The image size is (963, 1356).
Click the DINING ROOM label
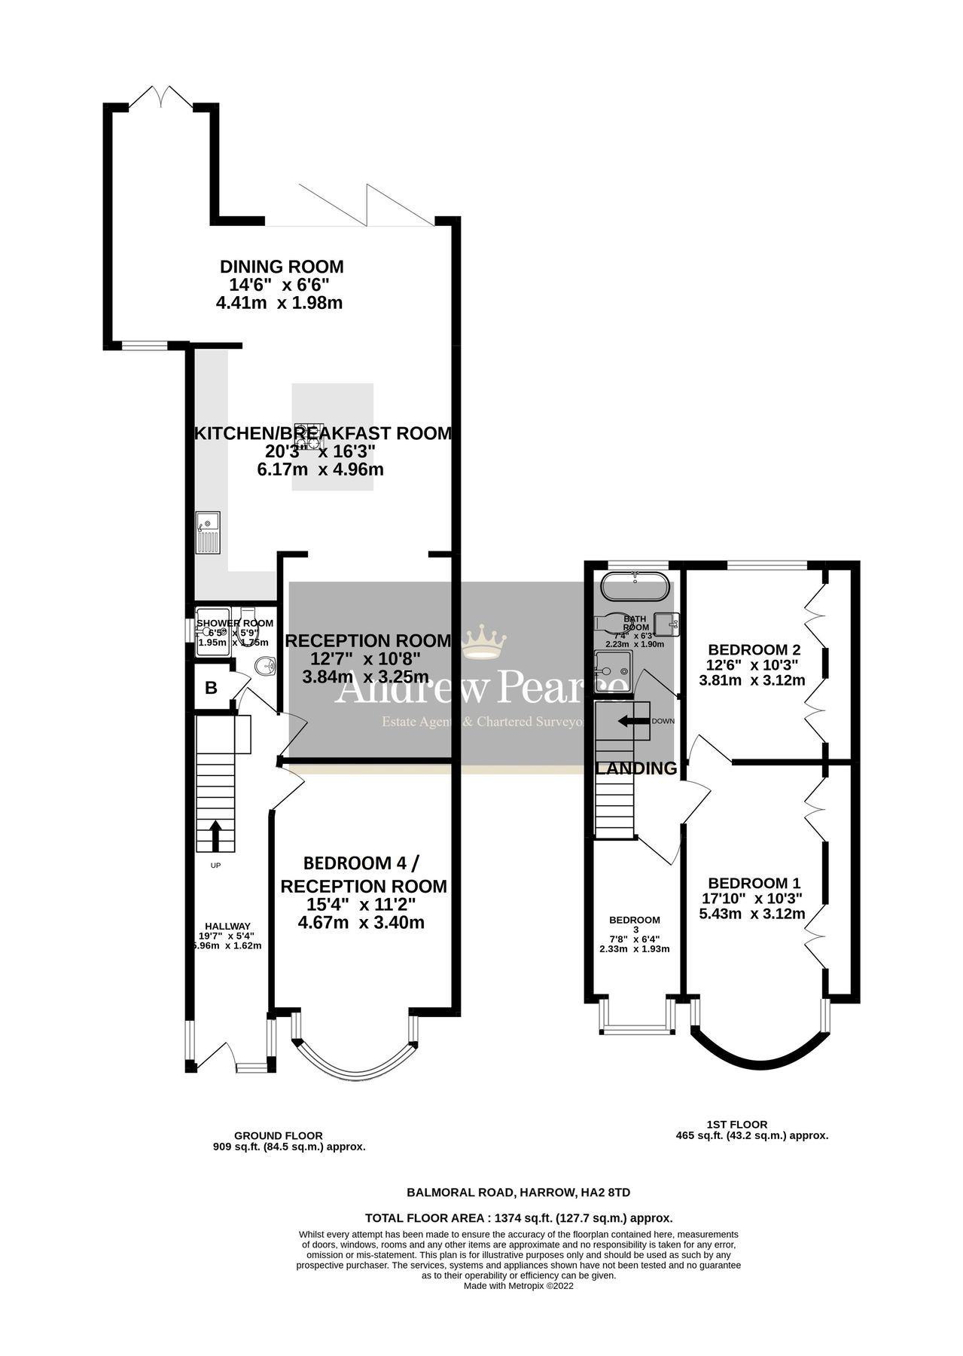pyautogui.click(x=282, y=267)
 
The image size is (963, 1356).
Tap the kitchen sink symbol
pyautogui.click(x=208, y=531)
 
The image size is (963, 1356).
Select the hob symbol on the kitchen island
pyautogui.click(x=309, y=435)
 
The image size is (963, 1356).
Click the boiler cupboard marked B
pyautogui.click(x=212, y=687)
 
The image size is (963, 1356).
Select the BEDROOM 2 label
pyautogui.click(x=754, y=649)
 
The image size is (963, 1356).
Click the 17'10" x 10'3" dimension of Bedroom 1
pyautogui.click(x=752, y=899)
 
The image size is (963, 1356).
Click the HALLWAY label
pyautogui.click(x=227, y=926)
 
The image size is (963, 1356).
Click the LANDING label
pyautogui.click(x=636, y=768)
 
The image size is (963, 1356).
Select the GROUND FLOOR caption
pyautogui.click(x=278, y=1135)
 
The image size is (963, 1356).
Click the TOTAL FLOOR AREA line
pyautogui.click(x=518, y=1217)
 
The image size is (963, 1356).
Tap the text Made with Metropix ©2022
pyautogui.click(x=518, y=1286)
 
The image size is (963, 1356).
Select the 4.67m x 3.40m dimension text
pyautogui.click(x=361, y=922)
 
